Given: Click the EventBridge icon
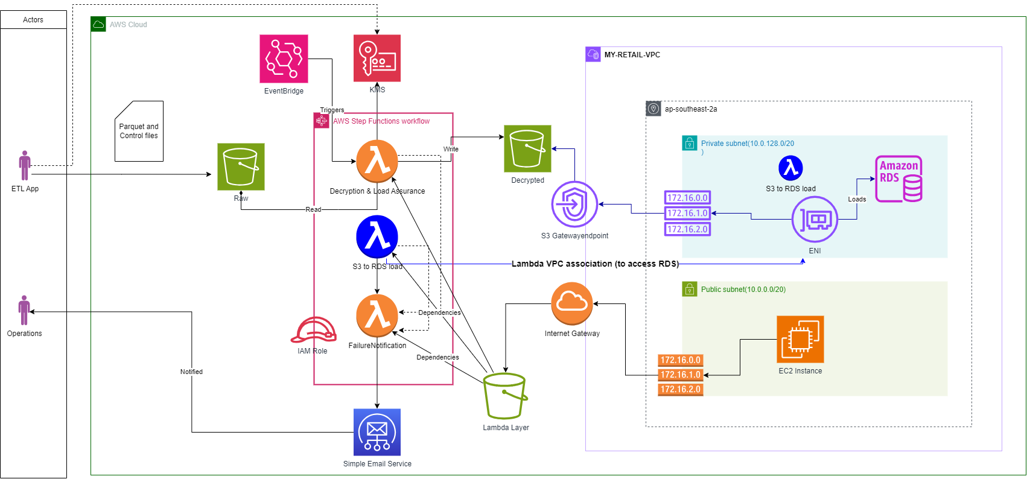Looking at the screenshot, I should click(x=284, y=59).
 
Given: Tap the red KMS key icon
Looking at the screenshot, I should click(x=377, y=58).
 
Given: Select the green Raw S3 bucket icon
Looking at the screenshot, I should click(x=241, y=167).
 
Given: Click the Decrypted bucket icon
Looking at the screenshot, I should click(x=527, y=149).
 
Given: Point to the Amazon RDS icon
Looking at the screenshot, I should click(x=898, y=179).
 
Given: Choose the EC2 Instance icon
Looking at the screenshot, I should click(x=800, y=340).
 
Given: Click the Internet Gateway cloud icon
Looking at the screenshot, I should click(x=572, y=303).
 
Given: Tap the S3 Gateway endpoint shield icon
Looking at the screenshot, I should click(x=574, y=205).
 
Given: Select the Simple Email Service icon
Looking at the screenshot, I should click(x=377, y=433).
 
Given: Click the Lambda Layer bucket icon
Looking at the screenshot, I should click(x=505, y=396).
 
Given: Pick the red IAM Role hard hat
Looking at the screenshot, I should click(x=313, y=330).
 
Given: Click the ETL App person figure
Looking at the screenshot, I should click(x=25, y=165).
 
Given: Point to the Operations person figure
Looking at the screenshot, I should click(x=24, y=310).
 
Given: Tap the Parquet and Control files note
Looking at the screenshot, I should click(x=139, y=132).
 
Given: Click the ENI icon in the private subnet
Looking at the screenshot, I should click(x=815, y=220).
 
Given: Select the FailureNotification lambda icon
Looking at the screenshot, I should click(x=377, y=316).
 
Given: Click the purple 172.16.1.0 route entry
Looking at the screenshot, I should click(x=687, y=213).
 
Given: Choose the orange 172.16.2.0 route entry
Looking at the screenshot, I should click(x=680, y=390).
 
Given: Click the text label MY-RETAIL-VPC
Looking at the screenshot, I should click(x=632, y=55).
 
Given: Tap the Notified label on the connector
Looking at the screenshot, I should click(x=191, y=372).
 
